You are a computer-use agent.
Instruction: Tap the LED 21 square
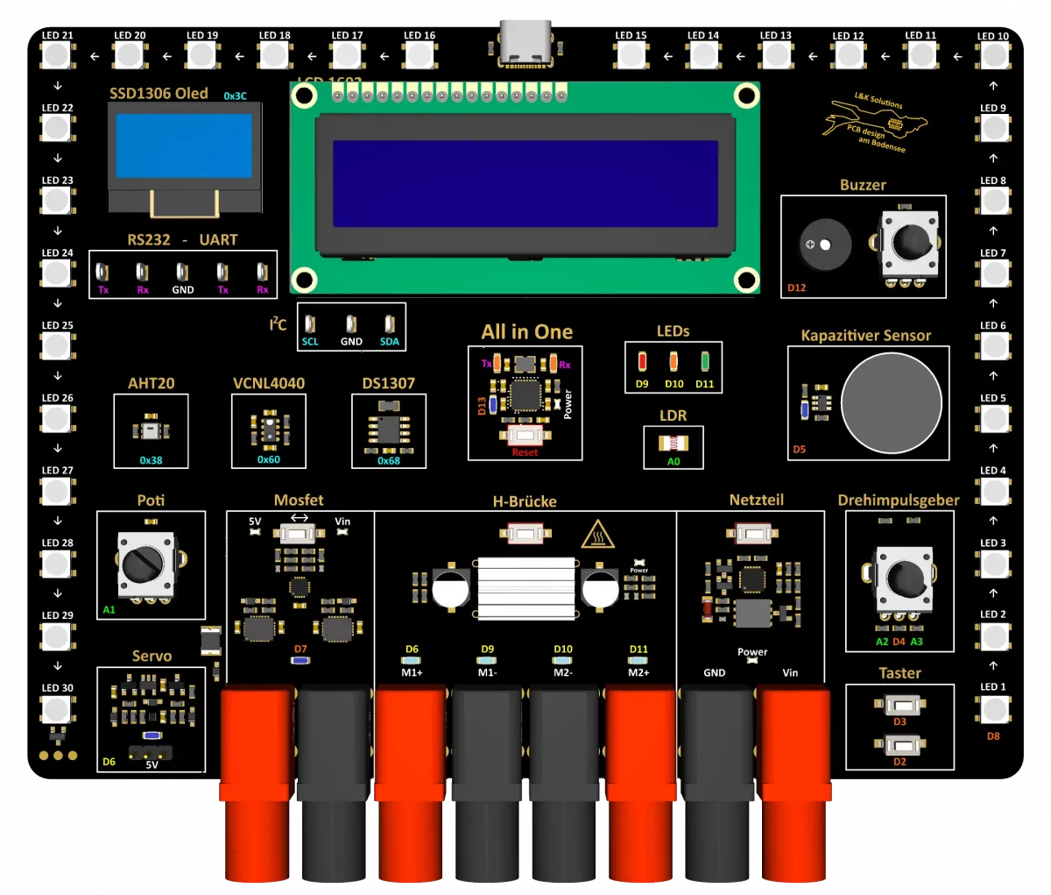click(x=57, y=56)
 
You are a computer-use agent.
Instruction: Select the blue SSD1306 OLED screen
click(x=184, y=147)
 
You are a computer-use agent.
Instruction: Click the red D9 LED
click(x=642, y=361)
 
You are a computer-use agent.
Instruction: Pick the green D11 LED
click(x=705, y=361)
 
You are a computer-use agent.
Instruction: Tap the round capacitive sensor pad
click(x=891, y=404)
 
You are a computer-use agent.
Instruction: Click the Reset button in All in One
click(x=525, y=435)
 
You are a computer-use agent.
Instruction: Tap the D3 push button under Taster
click(x=899, y=705)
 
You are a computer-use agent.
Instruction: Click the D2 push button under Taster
click(x=899, y=745)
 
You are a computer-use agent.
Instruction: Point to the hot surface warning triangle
click(x=597, y=534)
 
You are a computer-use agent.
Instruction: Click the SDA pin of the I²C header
click(x=390, y=324)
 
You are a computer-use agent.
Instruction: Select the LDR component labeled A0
click(x=673, y=443)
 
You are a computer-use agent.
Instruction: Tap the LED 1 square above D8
click(x=993, y=708)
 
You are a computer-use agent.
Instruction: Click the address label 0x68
click(x=389, y=460)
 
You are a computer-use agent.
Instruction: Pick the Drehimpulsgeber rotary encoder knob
click(x=903, y=578)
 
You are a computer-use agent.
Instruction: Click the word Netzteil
click(x=756, y=500)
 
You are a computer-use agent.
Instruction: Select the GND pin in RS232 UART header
click(x=182, y=273)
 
